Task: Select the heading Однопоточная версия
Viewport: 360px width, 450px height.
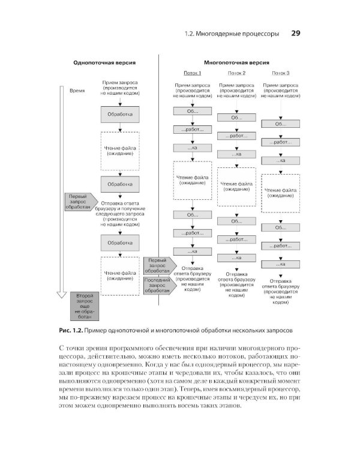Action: click(104, 62)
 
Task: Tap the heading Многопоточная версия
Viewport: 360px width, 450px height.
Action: click(236, 62)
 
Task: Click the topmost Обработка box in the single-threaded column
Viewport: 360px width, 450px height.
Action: click(120, 114)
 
